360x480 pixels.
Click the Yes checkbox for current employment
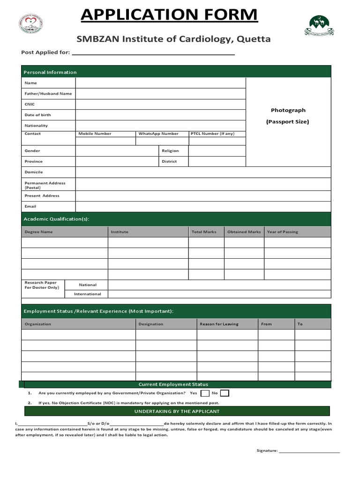204,393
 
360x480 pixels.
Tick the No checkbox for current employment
225,393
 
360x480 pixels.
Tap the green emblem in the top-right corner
320,26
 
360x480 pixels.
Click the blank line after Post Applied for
153,53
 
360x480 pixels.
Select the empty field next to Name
160,83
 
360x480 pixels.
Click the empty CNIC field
160,105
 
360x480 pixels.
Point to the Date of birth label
38,115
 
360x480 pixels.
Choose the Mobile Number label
95,134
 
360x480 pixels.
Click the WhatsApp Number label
158,134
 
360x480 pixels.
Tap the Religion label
170,151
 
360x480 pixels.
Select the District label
169,162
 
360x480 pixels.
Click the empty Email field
202,207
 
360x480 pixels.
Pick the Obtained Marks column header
244,232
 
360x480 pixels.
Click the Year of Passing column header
282,232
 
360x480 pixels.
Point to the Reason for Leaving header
219,324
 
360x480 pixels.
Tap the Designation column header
151,324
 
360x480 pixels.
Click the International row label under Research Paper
88,294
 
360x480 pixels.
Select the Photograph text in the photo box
288,110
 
